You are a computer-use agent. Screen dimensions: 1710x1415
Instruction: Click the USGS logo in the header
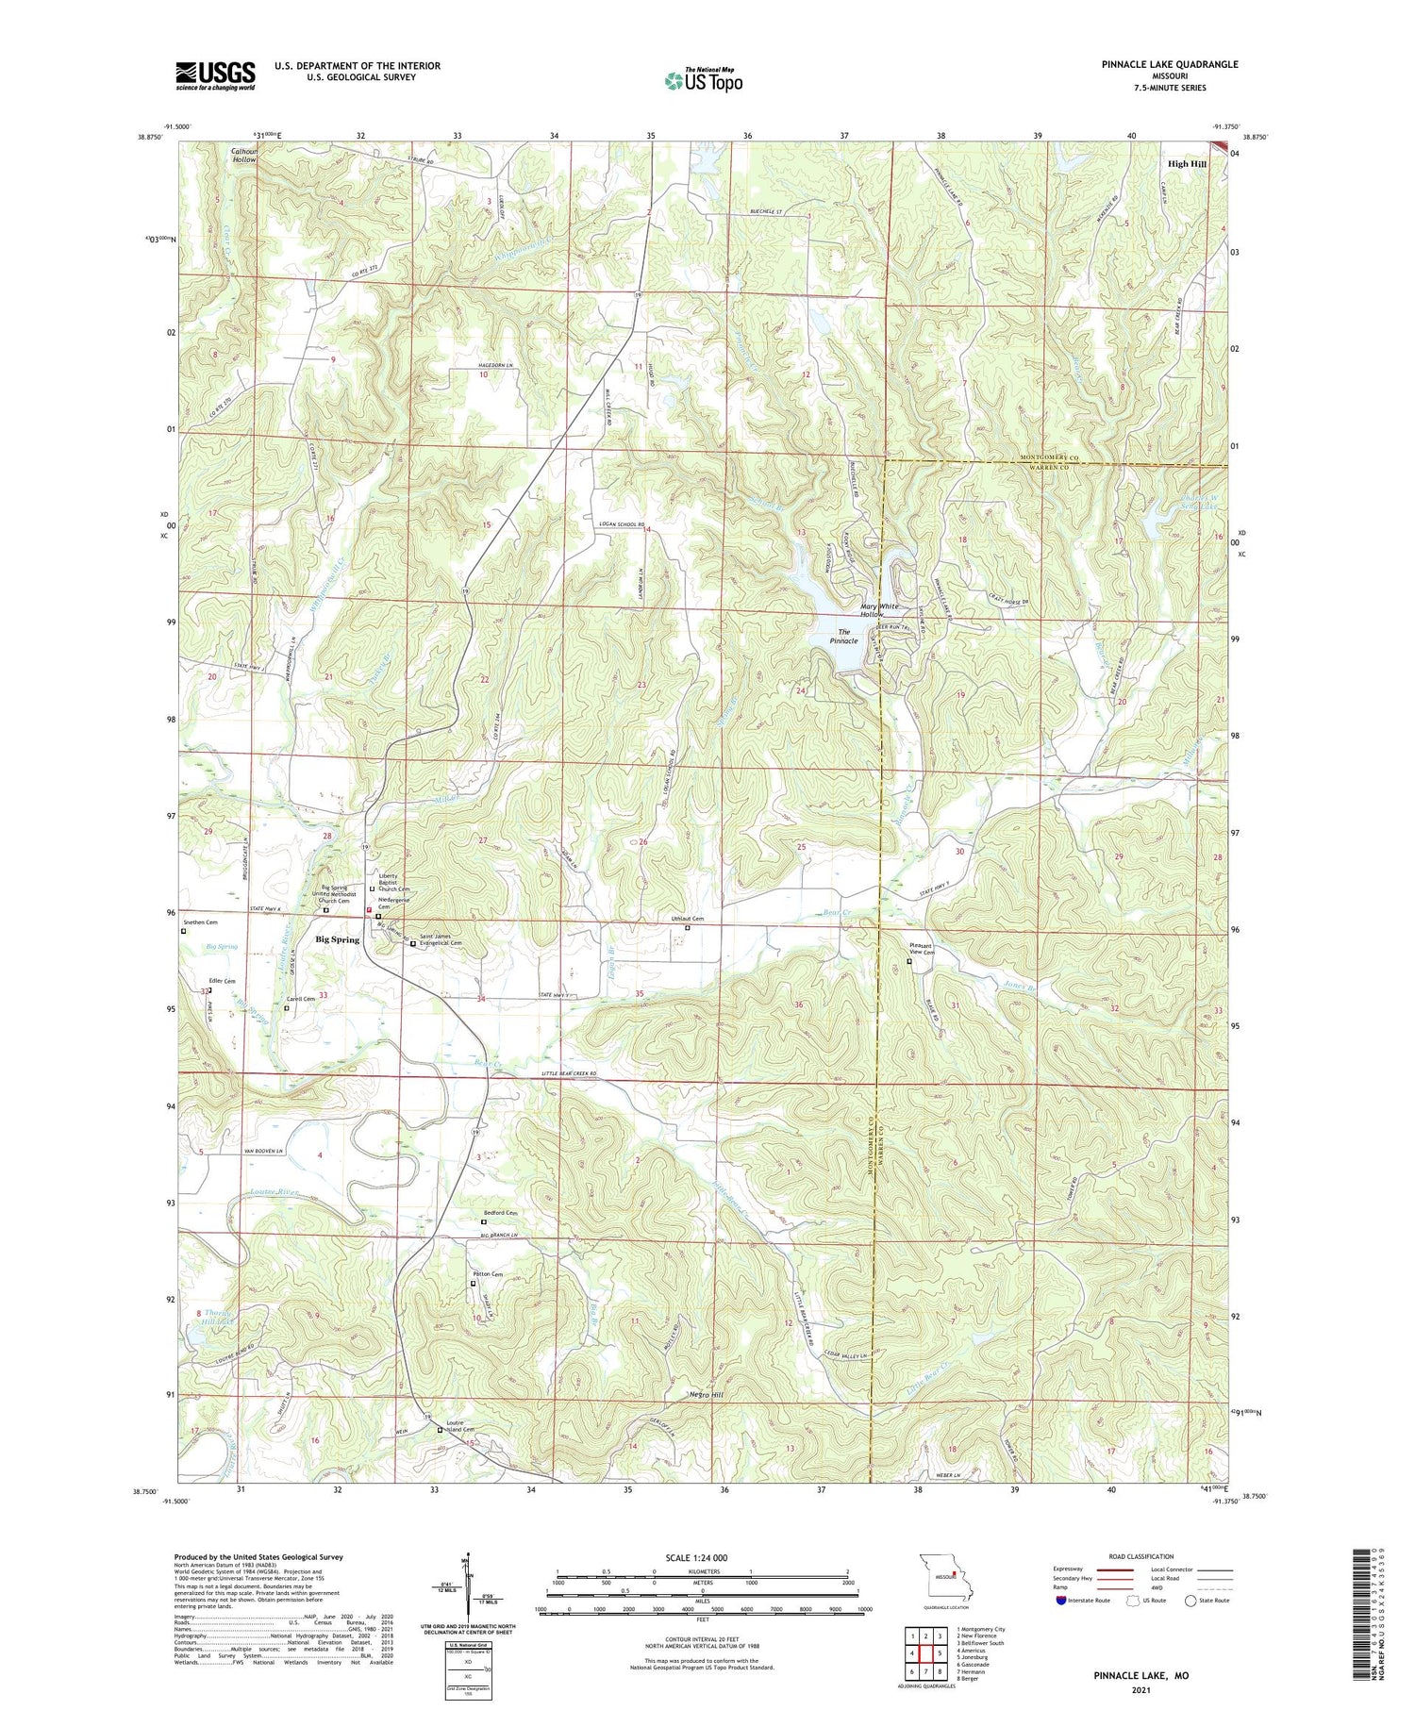[215, 75]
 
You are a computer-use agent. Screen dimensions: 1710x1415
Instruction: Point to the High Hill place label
[1187, 164]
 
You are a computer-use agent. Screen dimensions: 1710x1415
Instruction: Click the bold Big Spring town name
[337, 939]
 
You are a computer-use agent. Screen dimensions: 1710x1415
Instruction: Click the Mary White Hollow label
[878, 610]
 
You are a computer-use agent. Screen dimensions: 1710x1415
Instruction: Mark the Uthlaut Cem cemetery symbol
[687, 928]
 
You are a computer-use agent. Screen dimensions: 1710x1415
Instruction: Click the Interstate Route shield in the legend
[1060, 1601]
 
